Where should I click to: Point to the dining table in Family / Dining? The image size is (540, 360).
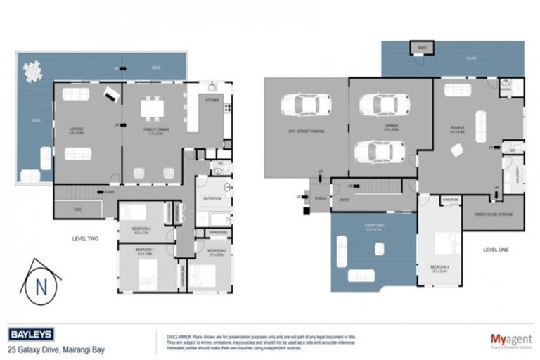[152, 110]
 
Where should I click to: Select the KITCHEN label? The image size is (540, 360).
[212, 101]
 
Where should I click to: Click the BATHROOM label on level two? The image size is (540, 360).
[213, 199]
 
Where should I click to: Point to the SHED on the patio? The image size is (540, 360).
[422, 48]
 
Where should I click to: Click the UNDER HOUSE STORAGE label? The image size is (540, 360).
[492, 213]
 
